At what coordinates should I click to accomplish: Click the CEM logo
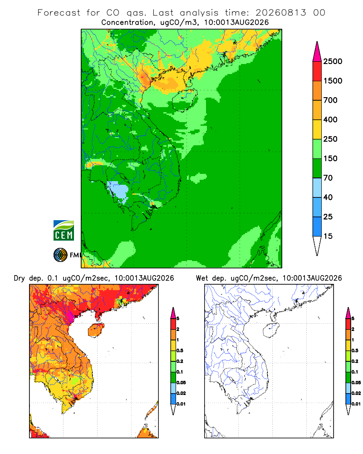tap(64, 231)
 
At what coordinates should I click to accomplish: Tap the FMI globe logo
tap(60, 255)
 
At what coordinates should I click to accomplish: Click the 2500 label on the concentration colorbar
tap(333, 61)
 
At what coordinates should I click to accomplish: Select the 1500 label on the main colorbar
tap(333, 81)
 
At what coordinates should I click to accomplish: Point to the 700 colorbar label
tap(330, 100)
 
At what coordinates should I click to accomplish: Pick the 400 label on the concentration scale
tap(330, 119)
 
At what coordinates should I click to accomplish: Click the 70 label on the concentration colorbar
tap(328, 178)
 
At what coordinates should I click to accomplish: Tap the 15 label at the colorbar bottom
tap(328, 236)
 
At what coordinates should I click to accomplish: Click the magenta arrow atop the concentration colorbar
tap(317, 52)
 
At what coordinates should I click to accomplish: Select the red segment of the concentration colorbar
tap(317, 71)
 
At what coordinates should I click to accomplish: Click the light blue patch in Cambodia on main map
tap(118, 192)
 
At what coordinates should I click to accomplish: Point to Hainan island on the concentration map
tap(185, 100)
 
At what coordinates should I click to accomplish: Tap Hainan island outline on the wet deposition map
tap(271, 331)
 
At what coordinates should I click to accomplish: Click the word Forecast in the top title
tap(59, 13)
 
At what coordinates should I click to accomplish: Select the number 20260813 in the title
tap(280, 13)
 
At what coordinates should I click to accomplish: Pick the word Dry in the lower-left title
tap(20, 278)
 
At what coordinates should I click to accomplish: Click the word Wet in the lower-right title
tap(202, 278)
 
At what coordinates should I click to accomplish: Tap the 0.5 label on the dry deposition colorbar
tap(180, 350)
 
